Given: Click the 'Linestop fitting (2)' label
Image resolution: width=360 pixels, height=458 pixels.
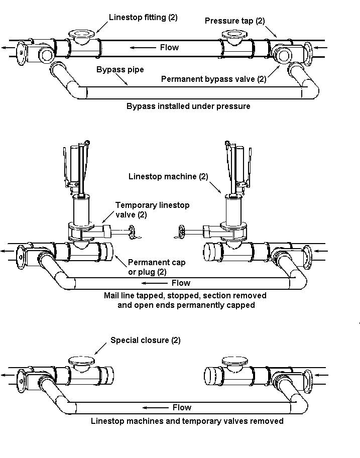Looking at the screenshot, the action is pyautogui.click(x=143, y=17).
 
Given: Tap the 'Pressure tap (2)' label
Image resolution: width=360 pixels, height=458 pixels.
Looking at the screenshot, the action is pyautogui.click(x=235, y=21).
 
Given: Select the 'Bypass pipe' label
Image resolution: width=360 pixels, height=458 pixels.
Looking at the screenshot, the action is pyautogui.click(x=120, y=69).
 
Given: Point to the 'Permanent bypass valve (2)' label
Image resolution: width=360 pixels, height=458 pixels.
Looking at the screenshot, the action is pyautogui.click(x=214, y=79).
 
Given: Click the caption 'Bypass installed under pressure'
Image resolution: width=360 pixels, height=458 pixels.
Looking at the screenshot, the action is pyautogui.click(x=188, y=106).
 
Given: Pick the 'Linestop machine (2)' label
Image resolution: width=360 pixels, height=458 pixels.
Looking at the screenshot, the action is pyautogui.click(x=168, y=176).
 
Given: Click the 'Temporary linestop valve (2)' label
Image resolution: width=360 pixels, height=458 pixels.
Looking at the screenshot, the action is pyautogui.click(x=153, y=210).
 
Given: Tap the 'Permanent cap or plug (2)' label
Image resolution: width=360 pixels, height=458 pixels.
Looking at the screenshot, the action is pyautogui.click(x=157, y=267).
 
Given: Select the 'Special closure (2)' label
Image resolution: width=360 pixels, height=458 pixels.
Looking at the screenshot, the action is pyautogui.click(x=146, y=340).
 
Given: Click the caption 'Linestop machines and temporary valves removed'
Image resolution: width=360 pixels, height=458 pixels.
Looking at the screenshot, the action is pyautogui.click(x=187, y=421).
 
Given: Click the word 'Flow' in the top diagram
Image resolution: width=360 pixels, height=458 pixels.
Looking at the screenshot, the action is pyautogui.click(x=169, y=47).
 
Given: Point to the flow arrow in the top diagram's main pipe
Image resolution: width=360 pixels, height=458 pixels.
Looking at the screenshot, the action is pyautogui.click(x=143, y=48).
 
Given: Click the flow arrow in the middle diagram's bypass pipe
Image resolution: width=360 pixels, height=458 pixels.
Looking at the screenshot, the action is pyautogui.click(x=155, y=283).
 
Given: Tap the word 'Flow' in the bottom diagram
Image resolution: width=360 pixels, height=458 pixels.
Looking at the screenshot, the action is pyautogui.click(x=182, y=407).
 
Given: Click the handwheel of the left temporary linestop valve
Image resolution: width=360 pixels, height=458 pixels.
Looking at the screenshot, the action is pyautogui.click(x=132, y=232).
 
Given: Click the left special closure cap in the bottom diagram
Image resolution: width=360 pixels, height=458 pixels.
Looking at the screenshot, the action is pyautogui.click(x=82, y=361).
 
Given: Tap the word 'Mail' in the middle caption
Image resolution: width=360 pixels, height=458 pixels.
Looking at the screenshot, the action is pyautogui.click(x=112, y=295).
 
